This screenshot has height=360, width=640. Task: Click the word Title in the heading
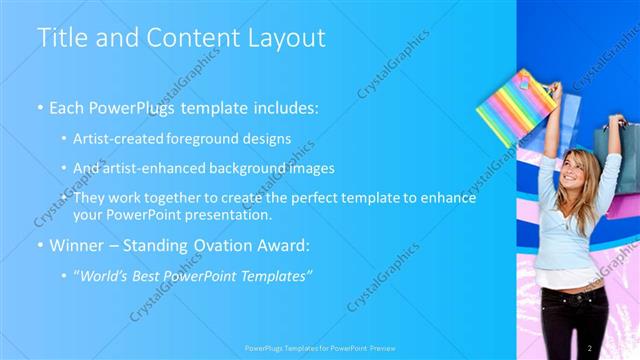59,38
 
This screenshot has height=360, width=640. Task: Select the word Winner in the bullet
75,244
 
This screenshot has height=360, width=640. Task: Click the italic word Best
153,275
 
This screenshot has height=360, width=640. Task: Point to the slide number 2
590,347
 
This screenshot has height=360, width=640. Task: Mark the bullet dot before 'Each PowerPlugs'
40,106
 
